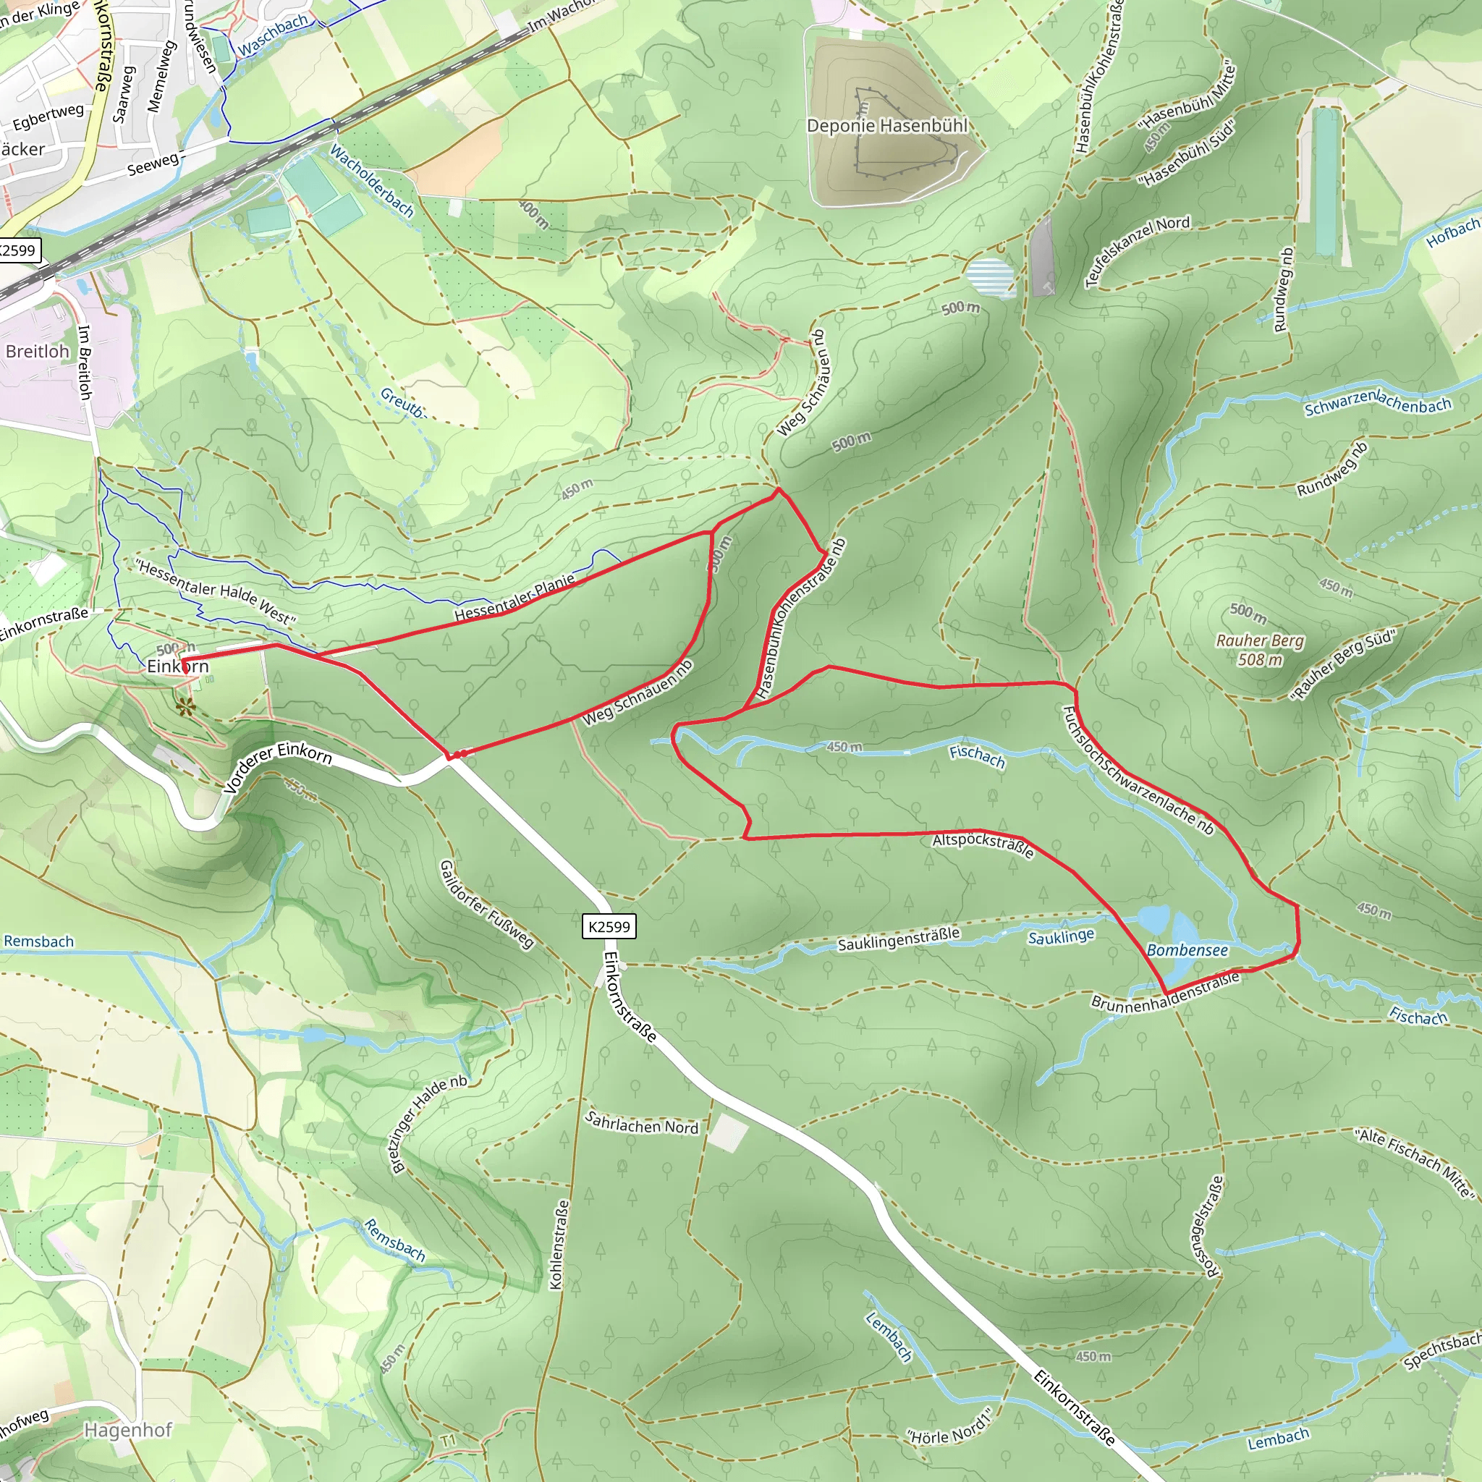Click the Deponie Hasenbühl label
(x=886, y=125)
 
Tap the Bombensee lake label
(x=1187, y=949)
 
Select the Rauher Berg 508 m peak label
(x=1260, y=649)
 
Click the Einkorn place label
(x=178, y=666)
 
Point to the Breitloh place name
(x=38, y=351)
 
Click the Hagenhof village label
(x=128, y=1430)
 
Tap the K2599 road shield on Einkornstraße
(x=609, y=927)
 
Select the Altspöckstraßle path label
(x=983, y=845)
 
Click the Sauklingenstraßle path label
(x=898, y=939)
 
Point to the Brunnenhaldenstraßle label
(x=1165, y=992)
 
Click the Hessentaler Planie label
(x=515, y=598)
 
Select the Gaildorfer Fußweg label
(x=486, y=905)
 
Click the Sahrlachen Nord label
(x=642, y=1122)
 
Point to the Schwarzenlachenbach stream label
(x=1378, y=403)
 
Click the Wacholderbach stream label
(x=372, y=181)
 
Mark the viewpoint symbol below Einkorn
(x=185, y=706)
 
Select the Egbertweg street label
(x=48, y=117)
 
